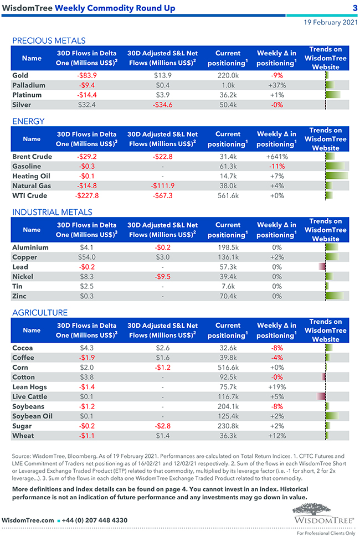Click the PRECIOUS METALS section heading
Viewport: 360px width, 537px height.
point(49,40)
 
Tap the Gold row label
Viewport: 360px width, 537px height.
point(20,75)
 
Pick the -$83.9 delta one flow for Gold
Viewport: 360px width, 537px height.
point(87,75)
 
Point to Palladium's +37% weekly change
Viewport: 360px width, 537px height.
point(276,85)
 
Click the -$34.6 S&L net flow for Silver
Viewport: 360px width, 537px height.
point(162,105)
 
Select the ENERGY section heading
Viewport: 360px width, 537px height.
point(28,121)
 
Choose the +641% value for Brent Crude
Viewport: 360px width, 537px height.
point(276,157)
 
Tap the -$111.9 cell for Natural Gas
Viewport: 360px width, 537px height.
point(162,186)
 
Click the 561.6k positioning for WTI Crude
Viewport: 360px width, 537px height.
point(228,195)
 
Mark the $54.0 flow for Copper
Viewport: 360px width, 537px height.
point(87,257)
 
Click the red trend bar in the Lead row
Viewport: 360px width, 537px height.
point(322,267)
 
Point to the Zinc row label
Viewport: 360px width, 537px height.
point(20,296)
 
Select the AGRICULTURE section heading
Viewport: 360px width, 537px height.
point(40,313)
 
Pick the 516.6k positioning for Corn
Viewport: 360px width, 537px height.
point(228,368)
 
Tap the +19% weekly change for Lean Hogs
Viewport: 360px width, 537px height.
point(276,387)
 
